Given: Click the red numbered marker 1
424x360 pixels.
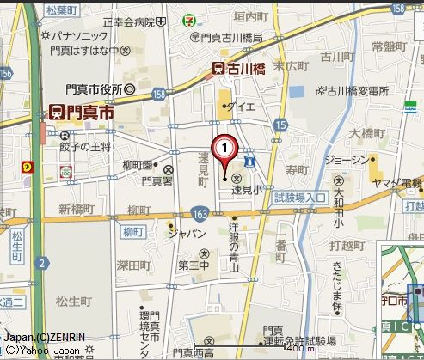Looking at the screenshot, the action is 224,149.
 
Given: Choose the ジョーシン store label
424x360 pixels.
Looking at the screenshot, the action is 347,160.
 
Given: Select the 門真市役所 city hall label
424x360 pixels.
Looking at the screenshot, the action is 94,88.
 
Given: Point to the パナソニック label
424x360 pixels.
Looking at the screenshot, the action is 78,36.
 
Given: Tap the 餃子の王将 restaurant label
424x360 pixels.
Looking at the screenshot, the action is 86,148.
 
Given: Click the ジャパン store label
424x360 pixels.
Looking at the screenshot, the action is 187,233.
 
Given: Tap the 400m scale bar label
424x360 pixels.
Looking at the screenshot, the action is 298,350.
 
